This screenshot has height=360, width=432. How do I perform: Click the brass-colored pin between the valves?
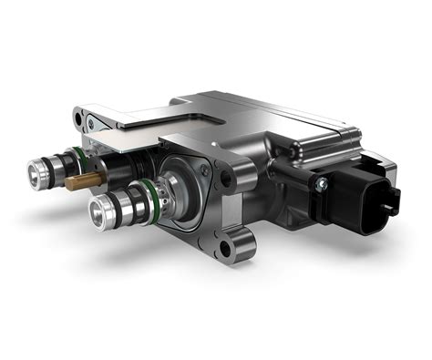(x=76, y=181)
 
